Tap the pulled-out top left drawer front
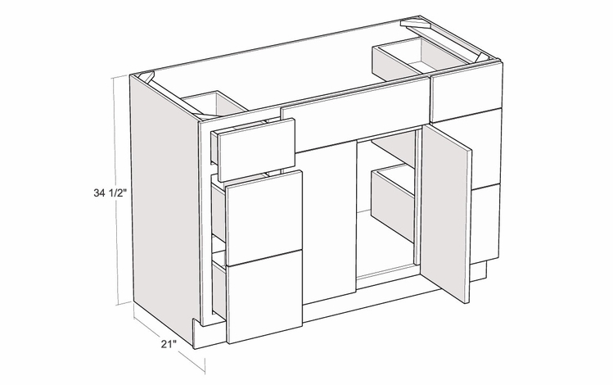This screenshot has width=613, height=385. tap(254, 143)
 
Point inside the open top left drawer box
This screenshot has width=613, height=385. tap(214, 105)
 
